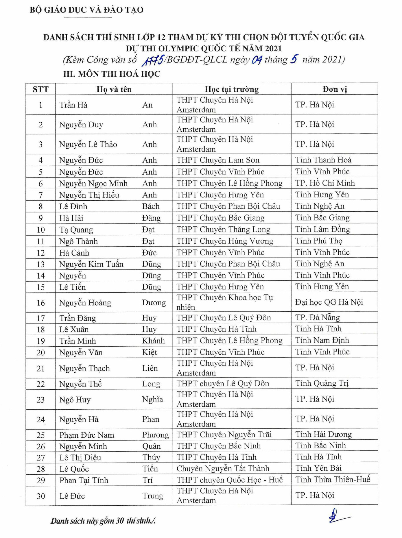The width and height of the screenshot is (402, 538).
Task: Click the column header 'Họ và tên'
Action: (x=114, y=89)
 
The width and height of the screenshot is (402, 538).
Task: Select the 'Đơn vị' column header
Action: (x=335, y=89)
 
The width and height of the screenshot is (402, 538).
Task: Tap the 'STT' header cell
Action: (x=40, y=89)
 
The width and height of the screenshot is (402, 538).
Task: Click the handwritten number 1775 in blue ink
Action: (x=153, y=60)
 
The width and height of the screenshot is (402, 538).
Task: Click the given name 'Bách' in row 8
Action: (x=151, y=206)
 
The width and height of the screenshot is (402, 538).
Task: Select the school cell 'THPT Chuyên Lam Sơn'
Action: (x=218, y=160)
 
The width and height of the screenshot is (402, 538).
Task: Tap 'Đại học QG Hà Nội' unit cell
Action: (x=329, y=302)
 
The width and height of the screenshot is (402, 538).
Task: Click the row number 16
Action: (x=40, y=303)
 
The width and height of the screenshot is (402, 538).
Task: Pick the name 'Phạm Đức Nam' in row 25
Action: (x=86, y=435)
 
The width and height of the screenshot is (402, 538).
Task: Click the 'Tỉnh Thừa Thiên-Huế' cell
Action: (x=333, y=480)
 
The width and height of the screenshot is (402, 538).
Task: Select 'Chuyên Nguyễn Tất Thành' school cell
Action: (x=223, y=469)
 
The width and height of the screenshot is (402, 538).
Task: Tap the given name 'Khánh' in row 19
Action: (x=153, y=341)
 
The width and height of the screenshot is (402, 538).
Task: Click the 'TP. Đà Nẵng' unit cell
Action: (x=317, y=318)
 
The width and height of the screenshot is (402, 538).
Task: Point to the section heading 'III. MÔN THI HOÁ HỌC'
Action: (x=112, y=74)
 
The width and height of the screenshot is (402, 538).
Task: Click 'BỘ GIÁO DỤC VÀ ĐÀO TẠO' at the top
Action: (x=86, y=10)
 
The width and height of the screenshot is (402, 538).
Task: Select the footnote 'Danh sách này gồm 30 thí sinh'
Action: (x=103, y=521)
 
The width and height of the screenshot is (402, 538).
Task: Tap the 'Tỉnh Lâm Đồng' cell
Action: (x=322, y=230)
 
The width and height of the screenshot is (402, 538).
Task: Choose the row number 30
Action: (x=40, y=496)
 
